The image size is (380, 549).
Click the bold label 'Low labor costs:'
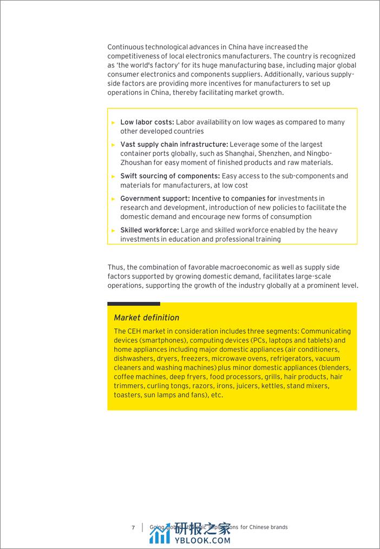pos(147,122)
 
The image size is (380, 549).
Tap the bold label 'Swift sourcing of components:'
pos(170,176)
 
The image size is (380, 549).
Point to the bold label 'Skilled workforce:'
pos(149,230)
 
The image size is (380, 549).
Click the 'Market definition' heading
pos(146,318)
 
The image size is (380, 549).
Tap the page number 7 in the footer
pos(133,527)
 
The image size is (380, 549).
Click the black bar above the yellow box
pos(134,304)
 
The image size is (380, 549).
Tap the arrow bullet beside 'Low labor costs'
pos(113,122)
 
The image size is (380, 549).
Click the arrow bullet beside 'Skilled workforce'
pos(113,230)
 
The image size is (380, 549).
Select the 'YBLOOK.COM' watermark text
pos(202,540)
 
